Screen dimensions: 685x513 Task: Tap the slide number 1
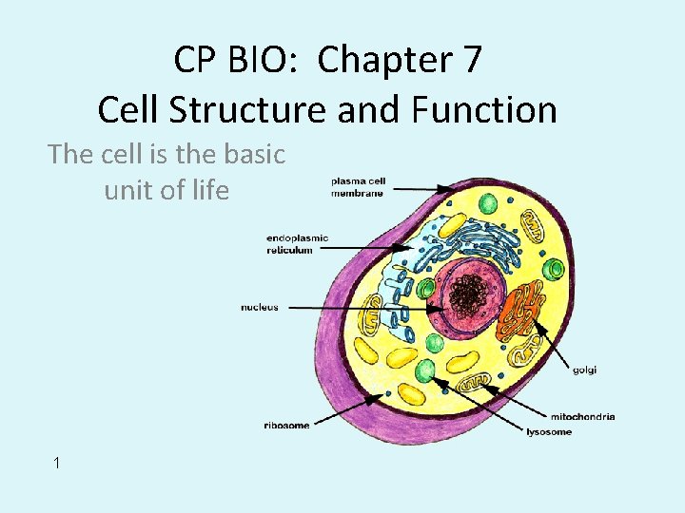57,463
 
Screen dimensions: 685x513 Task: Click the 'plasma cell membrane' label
358,187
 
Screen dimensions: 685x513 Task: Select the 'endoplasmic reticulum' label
298,244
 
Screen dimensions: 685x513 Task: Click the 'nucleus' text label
260,307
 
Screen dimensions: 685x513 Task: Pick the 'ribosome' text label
286,426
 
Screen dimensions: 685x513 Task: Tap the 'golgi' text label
585,370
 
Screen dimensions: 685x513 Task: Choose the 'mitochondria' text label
582,416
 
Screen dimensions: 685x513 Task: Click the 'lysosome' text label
549,432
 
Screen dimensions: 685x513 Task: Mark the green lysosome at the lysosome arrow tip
425,370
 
